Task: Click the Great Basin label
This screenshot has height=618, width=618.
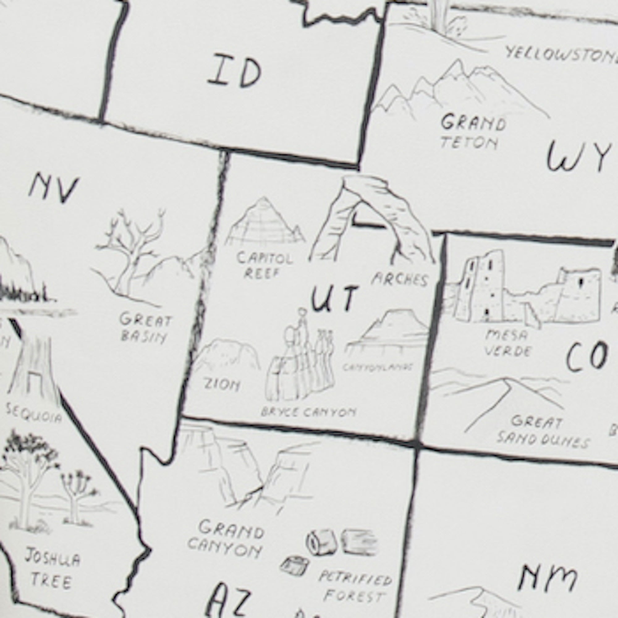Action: coord(146,328)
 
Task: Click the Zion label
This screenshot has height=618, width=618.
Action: coord(222,385)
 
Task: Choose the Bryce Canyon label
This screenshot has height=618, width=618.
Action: coord(308,412)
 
